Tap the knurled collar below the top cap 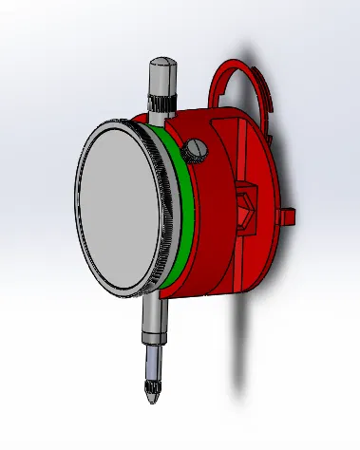pos(160,103)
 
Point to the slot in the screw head pos(197,148)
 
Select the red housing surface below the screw pos(204,218)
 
